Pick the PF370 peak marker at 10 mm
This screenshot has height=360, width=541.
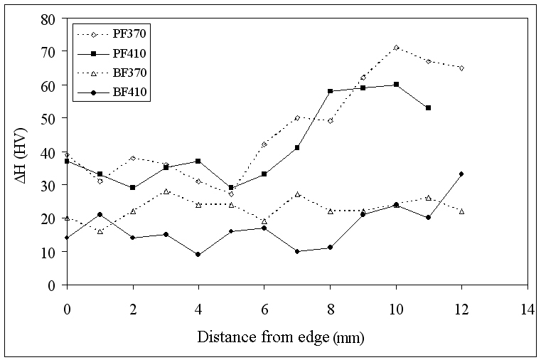(396, 48)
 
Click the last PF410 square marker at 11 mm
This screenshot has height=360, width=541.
(429, 107)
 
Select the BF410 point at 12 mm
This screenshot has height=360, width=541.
(461, 174)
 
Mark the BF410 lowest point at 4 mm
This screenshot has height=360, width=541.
(198, 254)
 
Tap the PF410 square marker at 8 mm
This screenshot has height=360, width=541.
(330, 91)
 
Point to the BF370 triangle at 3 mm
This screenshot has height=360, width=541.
(166, 191)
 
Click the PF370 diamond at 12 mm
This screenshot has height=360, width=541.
(461, 68)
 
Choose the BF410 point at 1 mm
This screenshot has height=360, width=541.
(100, 214)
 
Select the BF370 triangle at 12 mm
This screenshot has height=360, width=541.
(461, 211)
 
